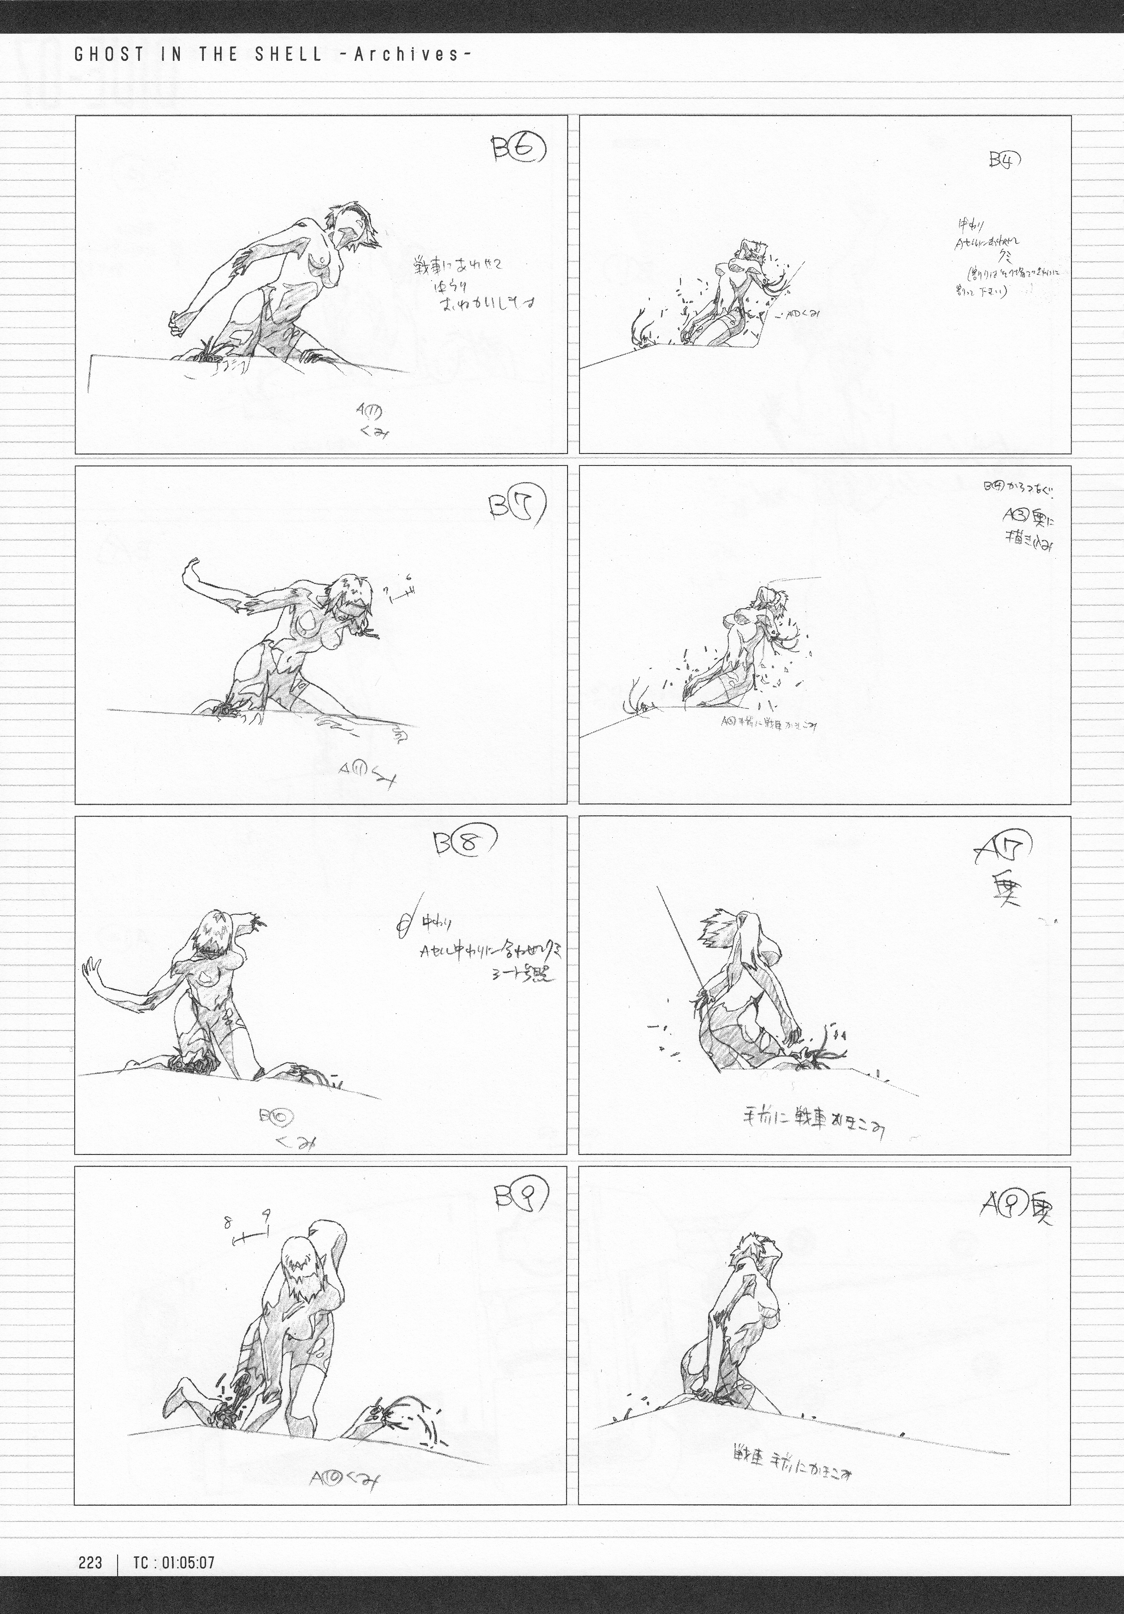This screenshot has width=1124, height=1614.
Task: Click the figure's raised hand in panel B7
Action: point(191,566)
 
